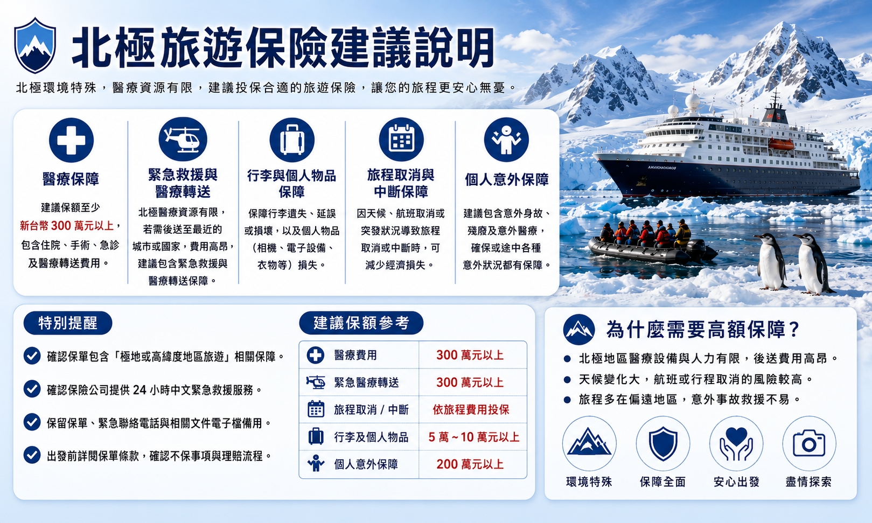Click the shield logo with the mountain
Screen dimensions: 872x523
35,45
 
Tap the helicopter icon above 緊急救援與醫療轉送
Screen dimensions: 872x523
183,140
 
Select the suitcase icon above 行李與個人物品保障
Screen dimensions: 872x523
292,140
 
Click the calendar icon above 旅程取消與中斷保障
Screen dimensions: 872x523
401,140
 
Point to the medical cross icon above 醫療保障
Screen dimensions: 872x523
71,140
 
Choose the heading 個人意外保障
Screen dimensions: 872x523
506,179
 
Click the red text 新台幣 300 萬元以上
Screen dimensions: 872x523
67,226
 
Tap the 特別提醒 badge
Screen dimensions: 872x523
68,323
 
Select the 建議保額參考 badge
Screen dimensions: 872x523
361,323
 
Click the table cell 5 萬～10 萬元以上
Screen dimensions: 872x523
474,437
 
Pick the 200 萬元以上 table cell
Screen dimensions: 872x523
470,464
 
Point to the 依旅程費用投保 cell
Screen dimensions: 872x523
471,410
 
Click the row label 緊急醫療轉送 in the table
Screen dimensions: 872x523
366,382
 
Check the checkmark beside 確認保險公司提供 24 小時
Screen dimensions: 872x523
32,389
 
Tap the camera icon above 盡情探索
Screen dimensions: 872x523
809,443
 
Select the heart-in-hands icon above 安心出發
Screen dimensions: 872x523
736,443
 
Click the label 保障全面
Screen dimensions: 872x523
662,482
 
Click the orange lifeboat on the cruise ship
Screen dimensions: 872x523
781,144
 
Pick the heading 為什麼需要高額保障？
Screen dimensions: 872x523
703,330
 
